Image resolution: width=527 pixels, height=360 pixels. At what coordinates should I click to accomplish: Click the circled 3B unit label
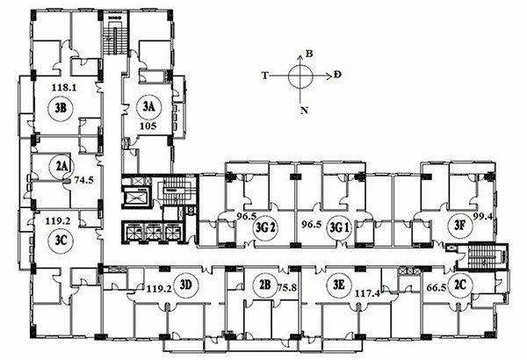(61, 108)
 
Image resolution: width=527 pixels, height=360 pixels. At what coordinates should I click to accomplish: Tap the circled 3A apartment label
(149, 107)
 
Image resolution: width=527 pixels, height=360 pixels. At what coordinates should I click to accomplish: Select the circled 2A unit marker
(61, 166)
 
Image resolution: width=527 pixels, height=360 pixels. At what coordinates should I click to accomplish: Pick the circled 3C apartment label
(61, 241)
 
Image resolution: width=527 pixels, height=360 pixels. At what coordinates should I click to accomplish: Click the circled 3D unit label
(186, 285)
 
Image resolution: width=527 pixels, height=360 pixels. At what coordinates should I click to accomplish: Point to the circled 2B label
(265, 285)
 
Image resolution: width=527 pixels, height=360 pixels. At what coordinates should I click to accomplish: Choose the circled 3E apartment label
(339, 285)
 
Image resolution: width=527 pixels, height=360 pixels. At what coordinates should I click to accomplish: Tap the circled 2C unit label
(460, 285)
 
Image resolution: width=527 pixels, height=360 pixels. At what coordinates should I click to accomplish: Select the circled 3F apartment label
(459, 225)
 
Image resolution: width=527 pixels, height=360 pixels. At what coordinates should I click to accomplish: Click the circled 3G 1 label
(339, 228)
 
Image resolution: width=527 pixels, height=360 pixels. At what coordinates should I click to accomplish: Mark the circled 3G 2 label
(265, 228)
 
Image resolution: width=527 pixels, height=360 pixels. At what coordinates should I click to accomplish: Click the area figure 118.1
(64, 88)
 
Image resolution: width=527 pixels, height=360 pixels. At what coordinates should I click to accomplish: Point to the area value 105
(148, 126)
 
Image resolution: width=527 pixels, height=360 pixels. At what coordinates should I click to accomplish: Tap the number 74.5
(84, 180)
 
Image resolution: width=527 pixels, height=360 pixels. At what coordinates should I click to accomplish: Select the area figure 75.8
(287, 288)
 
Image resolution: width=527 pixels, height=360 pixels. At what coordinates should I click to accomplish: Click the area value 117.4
(367, 294)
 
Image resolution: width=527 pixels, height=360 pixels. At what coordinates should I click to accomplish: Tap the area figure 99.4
(482, 216)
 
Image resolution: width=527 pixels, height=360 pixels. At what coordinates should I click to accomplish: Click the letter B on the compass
(309, 54)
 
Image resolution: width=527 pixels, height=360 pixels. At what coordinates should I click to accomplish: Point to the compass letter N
(304, 111)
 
